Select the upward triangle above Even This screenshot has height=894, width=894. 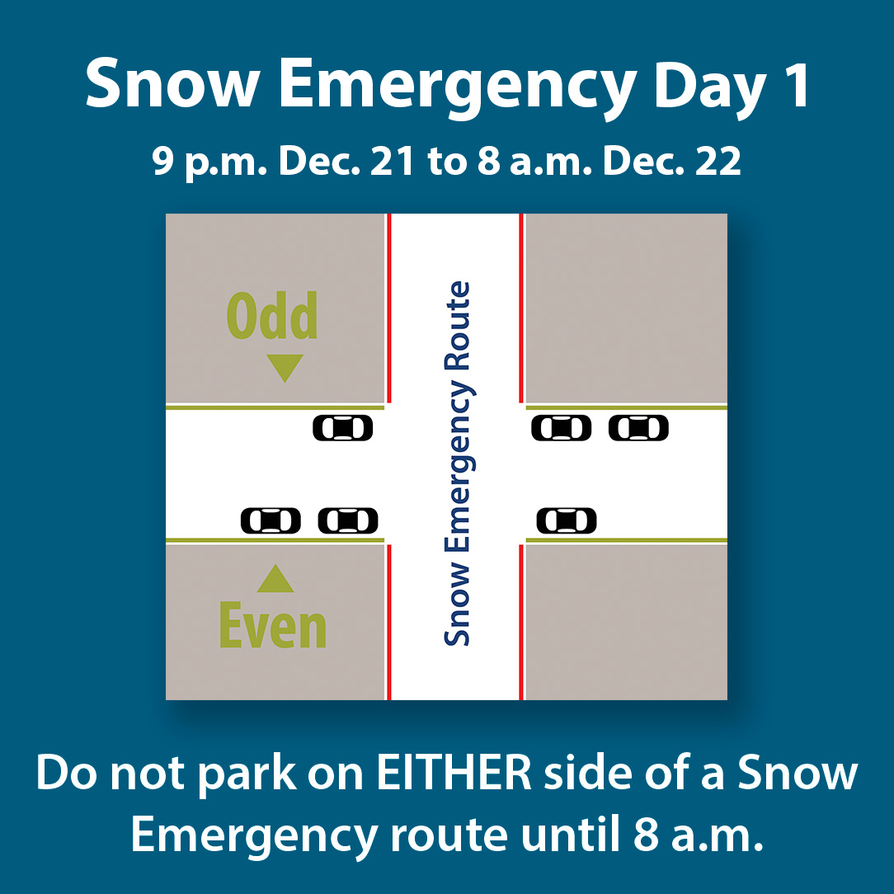point(275,580)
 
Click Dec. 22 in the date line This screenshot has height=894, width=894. point(672,162)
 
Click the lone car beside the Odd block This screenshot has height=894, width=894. point(343,428)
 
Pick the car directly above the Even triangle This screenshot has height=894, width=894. point(271,521)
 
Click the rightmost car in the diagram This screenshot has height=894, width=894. point(638,428)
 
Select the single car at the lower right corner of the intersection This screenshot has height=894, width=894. point(567,521)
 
